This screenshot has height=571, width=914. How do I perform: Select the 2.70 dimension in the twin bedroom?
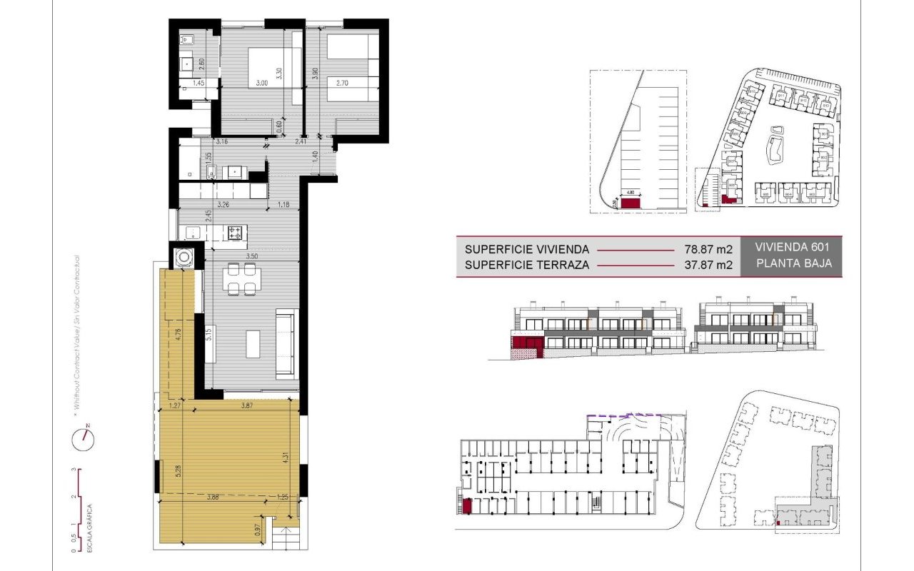[336, 84]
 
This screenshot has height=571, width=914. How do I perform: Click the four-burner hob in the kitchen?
[236, 232]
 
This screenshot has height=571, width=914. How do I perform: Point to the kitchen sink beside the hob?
[192, 232]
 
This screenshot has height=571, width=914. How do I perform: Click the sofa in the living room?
[286, 343]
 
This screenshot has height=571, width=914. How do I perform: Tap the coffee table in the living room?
[253, 343]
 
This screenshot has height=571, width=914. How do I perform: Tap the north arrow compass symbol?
[84, 439]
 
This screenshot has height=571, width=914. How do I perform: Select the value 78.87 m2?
[708, 250]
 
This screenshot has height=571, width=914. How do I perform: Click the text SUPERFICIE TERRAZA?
[526, 266]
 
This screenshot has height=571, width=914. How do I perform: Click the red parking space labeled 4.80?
[631, 203]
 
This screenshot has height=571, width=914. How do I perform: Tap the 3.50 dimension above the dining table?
[251, 255]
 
